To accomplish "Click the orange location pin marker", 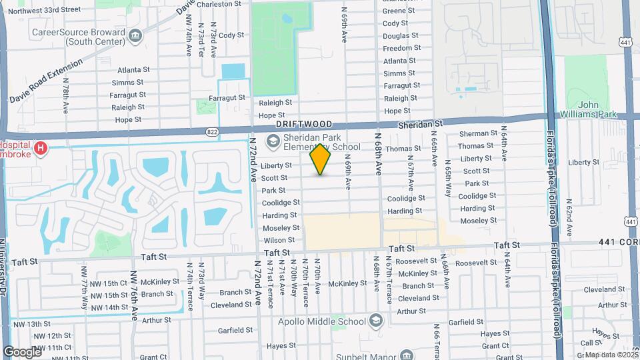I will tap(321, 159).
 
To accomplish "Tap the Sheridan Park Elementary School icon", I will tap(272, 141).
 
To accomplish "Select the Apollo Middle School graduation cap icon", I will tap(376, 321).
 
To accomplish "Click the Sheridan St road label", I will tap(421, 124).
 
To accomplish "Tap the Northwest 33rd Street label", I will tap(45, 10).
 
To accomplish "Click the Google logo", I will tap(22, 351).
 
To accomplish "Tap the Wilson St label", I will tap(279, 240).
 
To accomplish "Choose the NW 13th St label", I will tap(31, 324).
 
